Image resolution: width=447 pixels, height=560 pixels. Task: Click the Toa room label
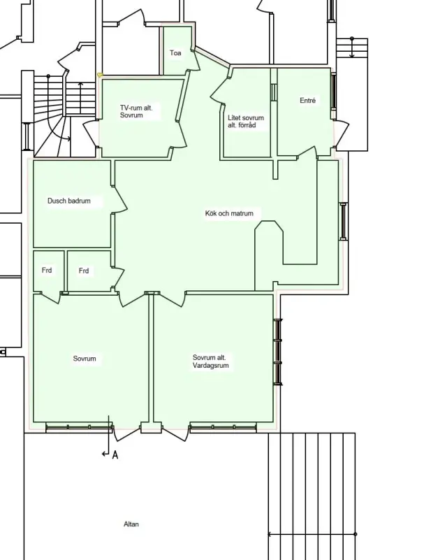[175, 53]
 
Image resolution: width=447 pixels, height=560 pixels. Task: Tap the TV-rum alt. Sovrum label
[136, 111]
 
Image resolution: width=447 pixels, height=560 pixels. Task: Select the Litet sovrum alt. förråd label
[246, 122]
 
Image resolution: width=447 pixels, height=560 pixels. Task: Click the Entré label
[307, 101]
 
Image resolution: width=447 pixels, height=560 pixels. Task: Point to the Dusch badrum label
[69, 201]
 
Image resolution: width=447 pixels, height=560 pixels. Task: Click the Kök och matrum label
[229, 213]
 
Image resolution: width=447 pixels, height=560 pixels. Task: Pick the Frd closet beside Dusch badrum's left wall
[47, 270]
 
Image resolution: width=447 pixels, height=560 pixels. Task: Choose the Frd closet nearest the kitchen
[84, 271]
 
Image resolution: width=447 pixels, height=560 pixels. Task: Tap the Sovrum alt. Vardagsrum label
[210, 361]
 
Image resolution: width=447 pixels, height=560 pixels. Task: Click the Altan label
[131, 524]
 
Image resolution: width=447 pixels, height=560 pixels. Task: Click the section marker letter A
[115, 454]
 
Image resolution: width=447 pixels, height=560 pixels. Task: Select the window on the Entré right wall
[334, 91]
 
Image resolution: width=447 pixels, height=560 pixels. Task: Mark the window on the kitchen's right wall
[343, 222]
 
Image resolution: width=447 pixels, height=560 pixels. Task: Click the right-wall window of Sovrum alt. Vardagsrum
[278, 352]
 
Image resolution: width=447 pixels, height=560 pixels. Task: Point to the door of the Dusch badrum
[119, 200]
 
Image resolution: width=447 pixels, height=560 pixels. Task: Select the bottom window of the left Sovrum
[79, 427]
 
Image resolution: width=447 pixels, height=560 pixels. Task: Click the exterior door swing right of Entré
[342, 135]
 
